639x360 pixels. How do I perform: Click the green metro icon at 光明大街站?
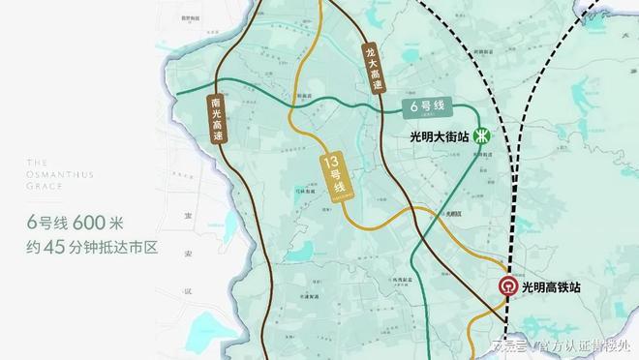click(x=481, y=136)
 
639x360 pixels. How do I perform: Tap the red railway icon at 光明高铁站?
click(x=507, y=287)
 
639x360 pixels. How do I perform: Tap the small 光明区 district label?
click(x=453, y=212)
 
